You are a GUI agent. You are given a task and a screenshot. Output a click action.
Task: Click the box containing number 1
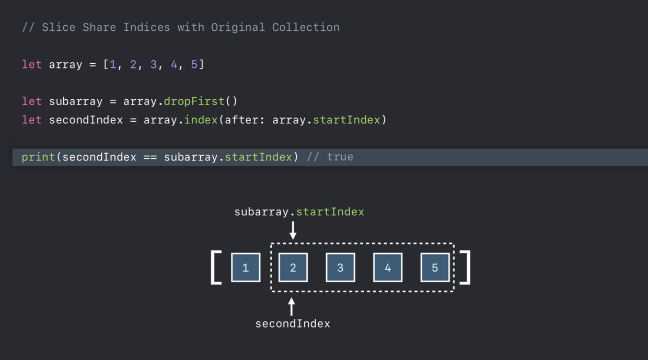[246, 267]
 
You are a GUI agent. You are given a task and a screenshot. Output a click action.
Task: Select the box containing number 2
[293, 267]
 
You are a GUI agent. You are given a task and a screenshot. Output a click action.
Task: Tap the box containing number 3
[341, 267]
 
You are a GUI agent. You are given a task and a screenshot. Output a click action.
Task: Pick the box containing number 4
[388, 267]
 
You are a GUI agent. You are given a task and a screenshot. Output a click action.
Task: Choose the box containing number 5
[435, 267]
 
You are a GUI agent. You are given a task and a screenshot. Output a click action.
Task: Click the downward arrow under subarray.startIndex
[293, 230]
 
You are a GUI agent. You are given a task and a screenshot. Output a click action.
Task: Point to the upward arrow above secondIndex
[292, 307]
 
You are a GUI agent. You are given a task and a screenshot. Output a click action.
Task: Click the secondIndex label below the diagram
[293, 324]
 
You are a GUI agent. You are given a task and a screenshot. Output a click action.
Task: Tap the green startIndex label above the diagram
[330, 212]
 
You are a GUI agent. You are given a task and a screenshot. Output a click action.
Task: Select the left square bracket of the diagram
[213, 268]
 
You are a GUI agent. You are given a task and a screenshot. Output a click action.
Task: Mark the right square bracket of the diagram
[468, 268]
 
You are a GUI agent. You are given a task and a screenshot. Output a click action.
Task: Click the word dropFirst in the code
[194, 101]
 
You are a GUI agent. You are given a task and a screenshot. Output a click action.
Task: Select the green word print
[38, 157]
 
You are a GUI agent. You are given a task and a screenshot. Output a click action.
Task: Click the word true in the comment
[340, 157]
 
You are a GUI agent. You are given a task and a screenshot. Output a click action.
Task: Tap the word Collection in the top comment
[306, 28]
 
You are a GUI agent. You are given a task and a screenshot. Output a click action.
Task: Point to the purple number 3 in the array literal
[153, 64]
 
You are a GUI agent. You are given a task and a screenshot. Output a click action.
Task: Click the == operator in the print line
[150, 157]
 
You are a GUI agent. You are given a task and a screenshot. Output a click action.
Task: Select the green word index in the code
[201, 120]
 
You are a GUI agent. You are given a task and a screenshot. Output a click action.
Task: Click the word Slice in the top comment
[59, 28]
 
